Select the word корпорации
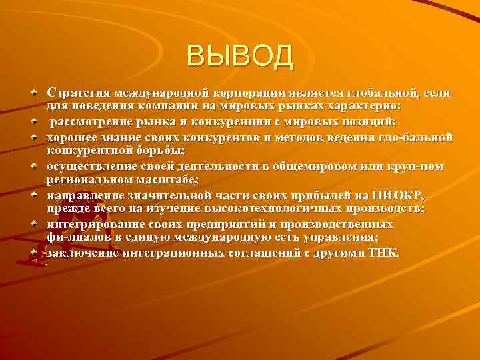249,91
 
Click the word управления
335,238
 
